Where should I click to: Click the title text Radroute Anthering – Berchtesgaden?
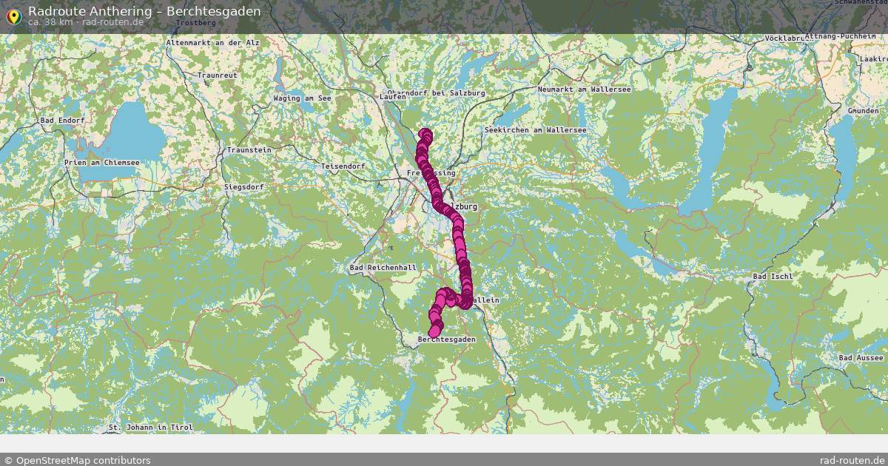(144, 11)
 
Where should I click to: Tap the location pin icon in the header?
(13, 16)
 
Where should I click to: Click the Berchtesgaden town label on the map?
(446, 339)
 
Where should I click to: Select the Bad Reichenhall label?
(383, 267)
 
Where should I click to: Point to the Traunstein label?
(249, 149)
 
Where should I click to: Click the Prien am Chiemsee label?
(102, 162)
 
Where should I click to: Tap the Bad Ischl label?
(773, 276)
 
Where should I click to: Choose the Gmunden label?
(863, 110)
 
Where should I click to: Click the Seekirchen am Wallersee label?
(535, 129)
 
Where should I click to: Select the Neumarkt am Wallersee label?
(585, 89)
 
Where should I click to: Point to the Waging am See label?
(302, 98)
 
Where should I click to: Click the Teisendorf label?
(343, 166)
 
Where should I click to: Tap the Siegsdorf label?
(244, 187)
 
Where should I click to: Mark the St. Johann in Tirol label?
(150, 427)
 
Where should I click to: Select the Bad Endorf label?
(63, 120)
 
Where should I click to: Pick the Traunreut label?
(217, 75)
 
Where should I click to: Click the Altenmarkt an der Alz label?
(213, 43)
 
